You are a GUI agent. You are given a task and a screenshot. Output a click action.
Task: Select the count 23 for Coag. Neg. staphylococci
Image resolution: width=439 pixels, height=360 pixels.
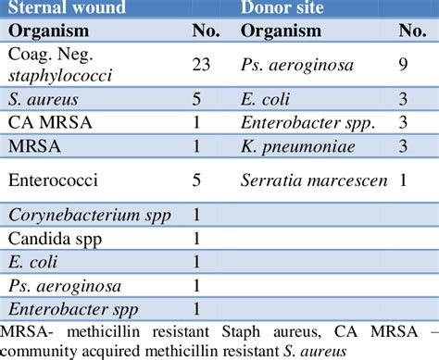(x=200, y=66)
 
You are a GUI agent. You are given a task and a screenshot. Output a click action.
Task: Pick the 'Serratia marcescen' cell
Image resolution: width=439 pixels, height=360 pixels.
(x=313, y=180)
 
